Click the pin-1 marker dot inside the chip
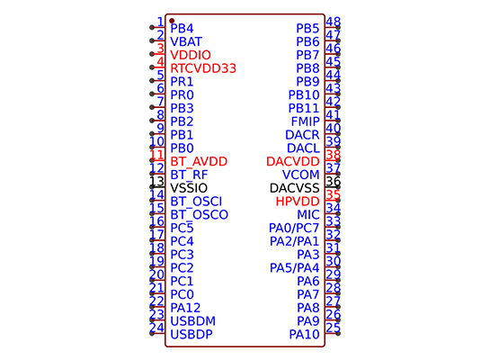[172, 21]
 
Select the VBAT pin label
[186, 41]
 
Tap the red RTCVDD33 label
[203, 68]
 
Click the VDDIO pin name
[191, 55]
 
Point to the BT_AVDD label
[199, 162]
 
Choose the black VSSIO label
[189, 188]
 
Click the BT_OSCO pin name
[200, 215]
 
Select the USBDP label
[192, 335]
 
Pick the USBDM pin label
[193, 321]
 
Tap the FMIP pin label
[306, 121]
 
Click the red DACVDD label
[293, 161]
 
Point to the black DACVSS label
[295, 188]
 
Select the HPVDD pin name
[298, 202]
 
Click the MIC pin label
[308, 215]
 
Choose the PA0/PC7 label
[294, 228]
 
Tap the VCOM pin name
[300, 175]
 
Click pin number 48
[334, 22]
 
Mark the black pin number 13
[156, 182]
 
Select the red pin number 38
[334, 155]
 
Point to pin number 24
[156, 328]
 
